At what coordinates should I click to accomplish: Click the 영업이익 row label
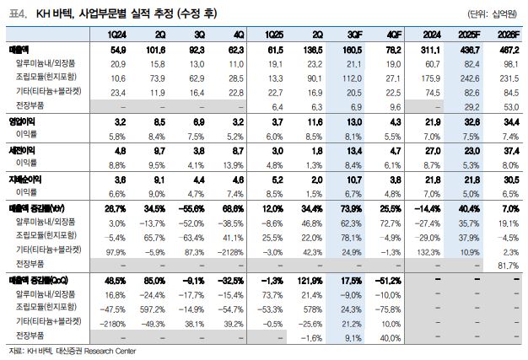click(x=21, y=123)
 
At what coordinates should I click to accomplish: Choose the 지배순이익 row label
click(x=24, y=180)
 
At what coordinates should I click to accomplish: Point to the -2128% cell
click(x=230, y=251)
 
